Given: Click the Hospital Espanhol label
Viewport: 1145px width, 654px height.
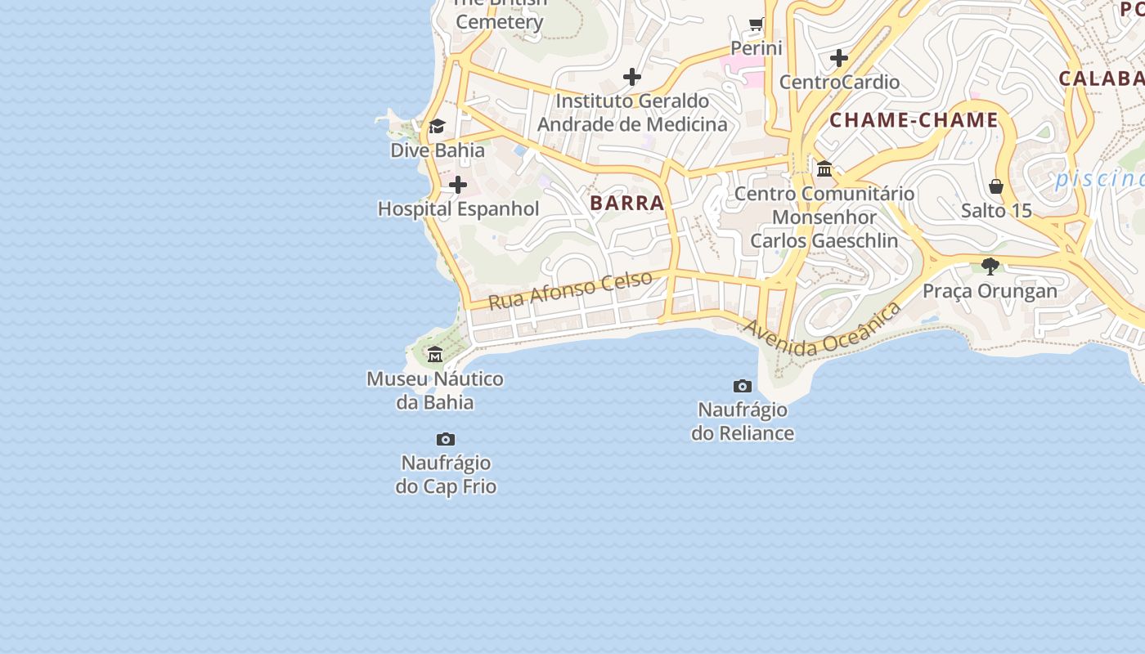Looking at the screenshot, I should tap(458, 208).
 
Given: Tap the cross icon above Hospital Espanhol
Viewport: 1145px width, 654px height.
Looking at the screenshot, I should tap(458, 185).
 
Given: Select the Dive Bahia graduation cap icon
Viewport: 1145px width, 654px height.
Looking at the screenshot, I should tap(437, 127).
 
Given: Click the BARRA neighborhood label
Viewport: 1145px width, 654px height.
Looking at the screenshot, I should tap(627, 203).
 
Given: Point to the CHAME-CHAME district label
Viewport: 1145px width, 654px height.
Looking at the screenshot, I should tap(914, 121).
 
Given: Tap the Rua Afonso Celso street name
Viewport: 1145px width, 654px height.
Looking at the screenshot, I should tap(571, 289).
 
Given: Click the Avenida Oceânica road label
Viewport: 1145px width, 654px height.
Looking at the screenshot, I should tap(822, 330).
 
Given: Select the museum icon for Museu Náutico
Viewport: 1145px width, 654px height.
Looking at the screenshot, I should tap(435, 354).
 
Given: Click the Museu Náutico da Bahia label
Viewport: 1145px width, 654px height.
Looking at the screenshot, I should tap(435, 391).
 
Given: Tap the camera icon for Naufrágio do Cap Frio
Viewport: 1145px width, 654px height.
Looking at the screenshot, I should tap(446, 440).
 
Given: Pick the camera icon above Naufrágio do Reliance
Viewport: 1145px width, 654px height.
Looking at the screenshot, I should tap(743, 386).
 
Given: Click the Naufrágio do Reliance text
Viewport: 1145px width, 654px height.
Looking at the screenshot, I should tap(743, 421).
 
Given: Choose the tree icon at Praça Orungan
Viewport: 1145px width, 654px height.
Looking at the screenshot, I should tap(990, 266).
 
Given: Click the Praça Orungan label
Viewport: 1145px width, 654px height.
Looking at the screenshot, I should tap(990, 291).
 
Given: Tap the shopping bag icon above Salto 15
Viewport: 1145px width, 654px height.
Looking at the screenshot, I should tap(996, 186).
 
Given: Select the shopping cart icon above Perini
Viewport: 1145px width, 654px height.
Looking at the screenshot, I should tap(757, 25).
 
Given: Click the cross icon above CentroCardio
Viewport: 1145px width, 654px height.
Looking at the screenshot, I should tap(839, 58).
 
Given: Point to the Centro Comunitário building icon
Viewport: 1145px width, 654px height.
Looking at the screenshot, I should tap(824, 169).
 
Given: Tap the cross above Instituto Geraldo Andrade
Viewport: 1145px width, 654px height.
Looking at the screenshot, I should tap(632, 77).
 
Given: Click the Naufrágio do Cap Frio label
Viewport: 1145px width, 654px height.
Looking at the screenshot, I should tap(446, 474).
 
